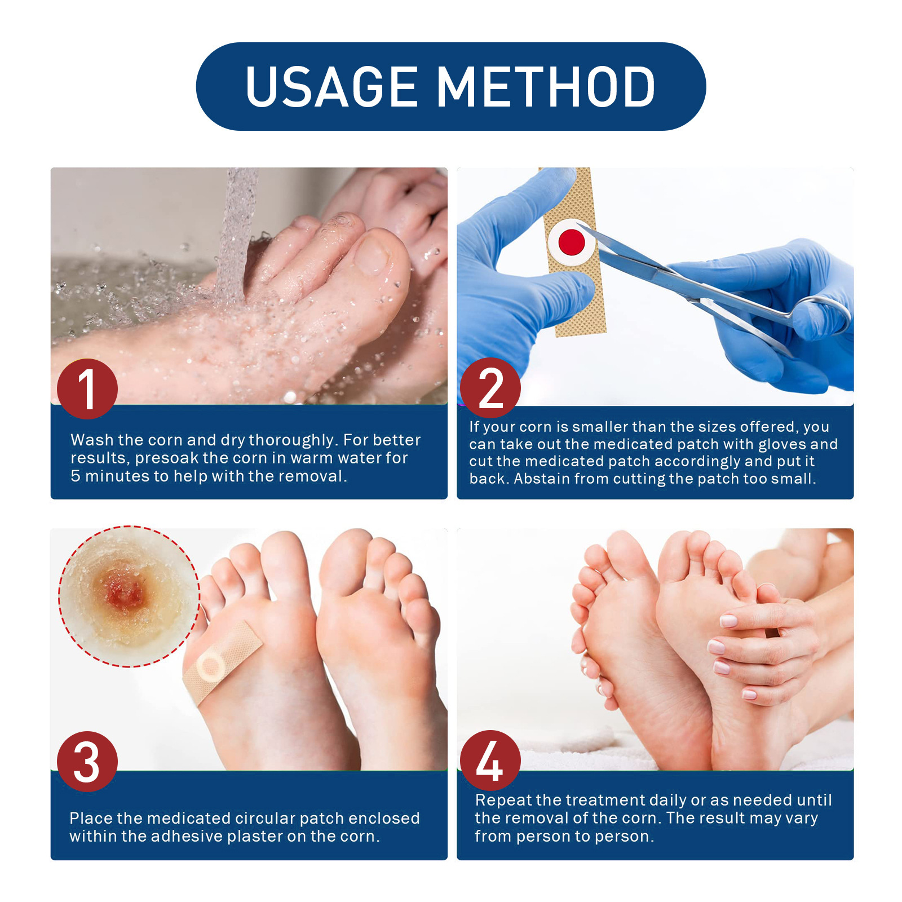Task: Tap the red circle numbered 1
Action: [x=87, y=388]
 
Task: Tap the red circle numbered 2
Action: [x=490, y=388]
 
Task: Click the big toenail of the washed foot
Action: [x=372, y=254]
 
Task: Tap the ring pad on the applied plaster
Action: [x=210, y=667]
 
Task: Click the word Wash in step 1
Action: [x=92, y=440]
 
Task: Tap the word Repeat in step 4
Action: [x=503, y=800]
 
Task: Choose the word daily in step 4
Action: [x=665, y=800]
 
